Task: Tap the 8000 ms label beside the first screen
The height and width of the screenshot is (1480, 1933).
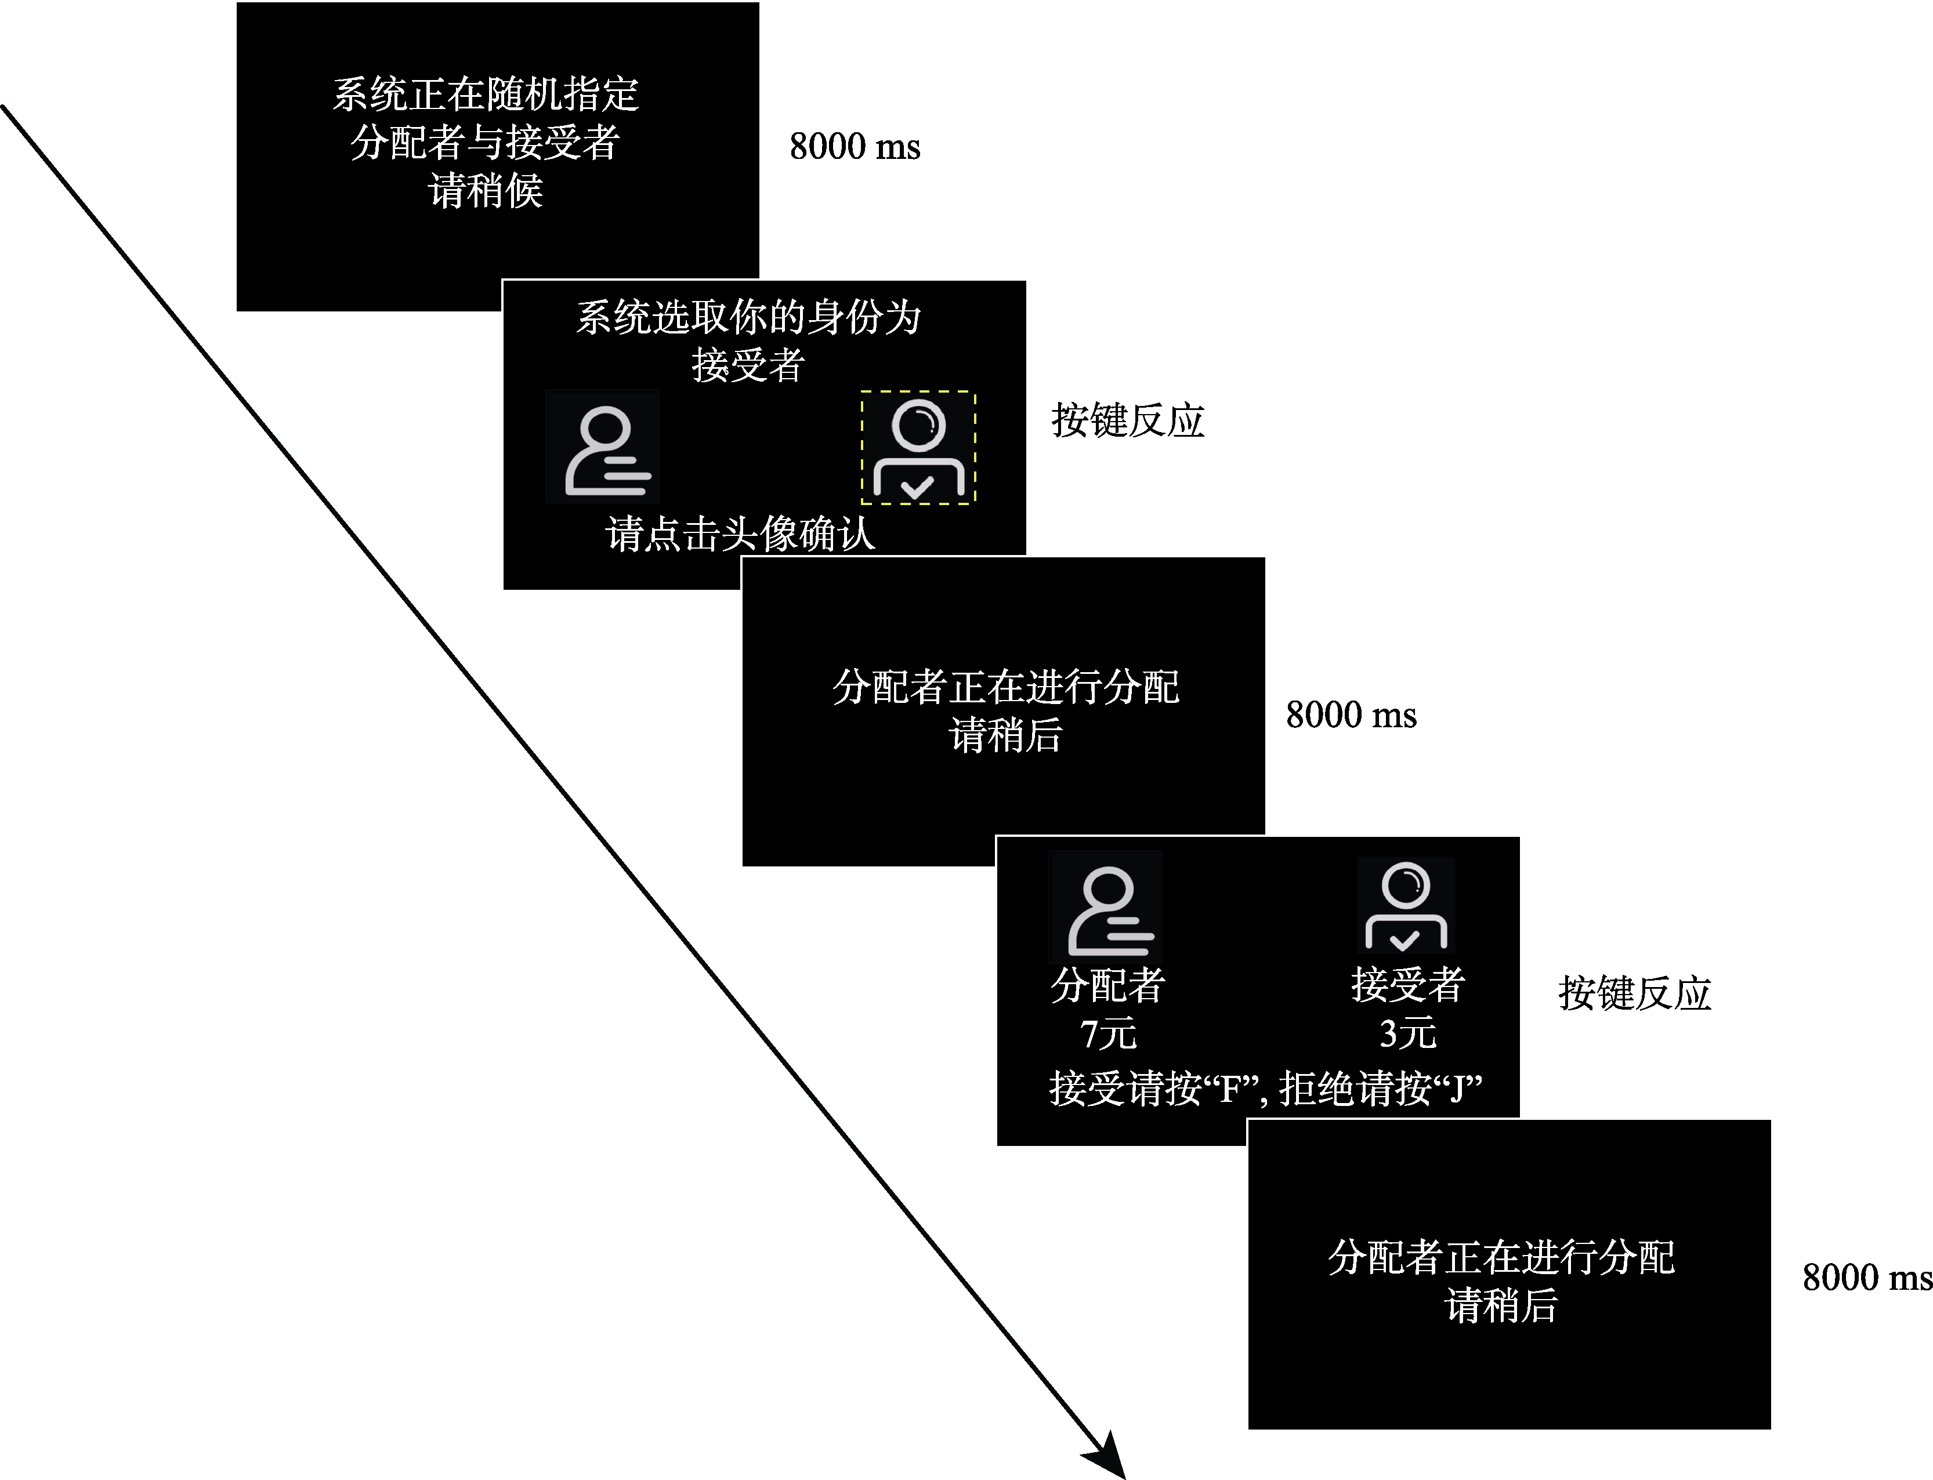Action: tap(855, 146)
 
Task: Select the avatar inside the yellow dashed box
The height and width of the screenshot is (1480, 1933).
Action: tap(918, 448)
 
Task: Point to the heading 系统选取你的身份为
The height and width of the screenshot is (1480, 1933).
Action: tap(748, 317)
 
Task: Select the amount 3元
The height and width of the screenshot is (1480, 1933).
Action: tap(1407, 1033)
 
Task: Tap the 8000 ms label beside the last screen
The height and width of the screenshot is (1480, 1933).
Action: tap(1867, 1278)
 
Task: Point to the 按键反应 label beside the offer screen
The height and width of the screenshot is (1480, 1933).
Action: tap(1634, 993)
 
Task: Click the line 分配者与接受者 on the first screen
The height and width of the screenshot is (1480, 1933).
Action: tap(486, 143)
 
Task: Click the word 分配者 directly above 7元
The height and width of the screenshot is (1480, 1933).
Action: tap(1107, 985)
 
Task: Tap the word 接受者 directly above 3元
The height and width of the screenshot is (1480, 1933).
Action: tap(1407, 985)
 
